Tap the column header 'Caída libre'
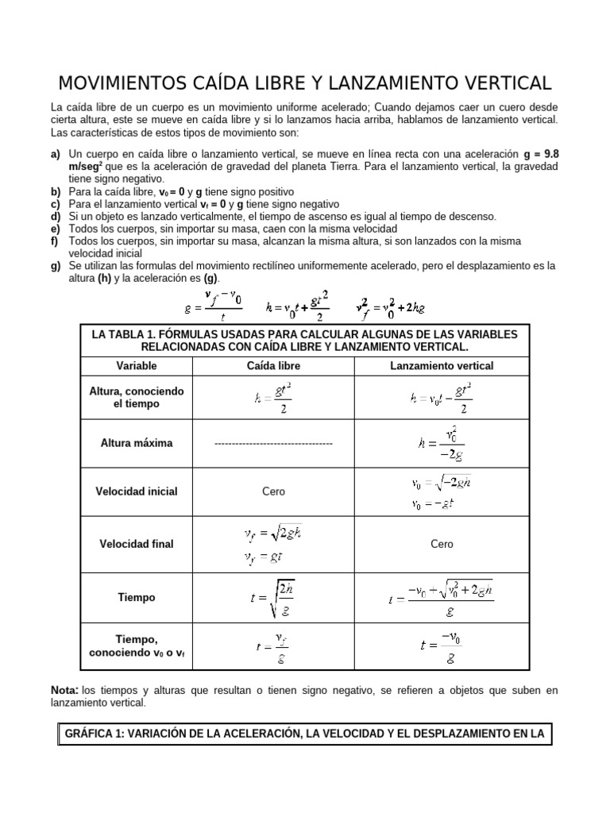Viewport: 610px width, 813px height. coord(273,366)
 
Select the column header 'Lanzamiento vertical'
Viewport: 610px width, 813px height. coord(442,366)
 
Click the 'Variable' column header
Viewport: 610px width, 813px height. coord(137,366)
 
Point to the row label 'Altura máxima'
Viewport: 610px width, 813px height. coord(137,443)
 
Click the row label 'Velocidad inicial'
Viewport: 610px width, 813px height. coord(137,491)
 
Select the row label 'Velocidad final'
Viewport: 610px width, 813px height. coord(137,544)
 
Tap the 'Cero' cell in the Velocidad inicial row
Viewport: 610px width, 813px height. coord(273,491)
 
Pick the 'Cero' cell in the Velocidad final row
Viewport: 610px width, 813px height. coord(442,544)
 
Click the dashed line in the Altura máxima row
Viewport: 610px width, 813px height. coord(273,443)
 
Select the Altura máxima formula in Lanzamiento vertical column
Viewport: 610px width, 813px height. coord(442,444)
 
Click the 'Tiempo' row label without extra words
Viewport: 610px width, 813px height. coord(137,597)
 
